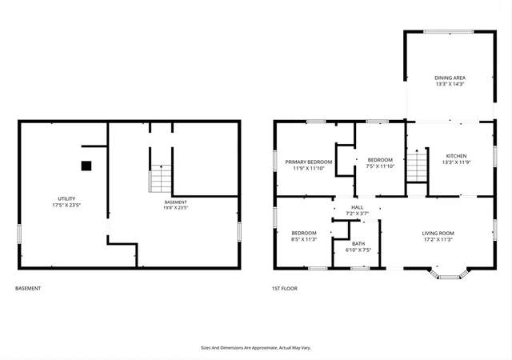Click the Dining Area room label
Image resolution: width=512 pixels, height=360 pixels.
pos(450,78)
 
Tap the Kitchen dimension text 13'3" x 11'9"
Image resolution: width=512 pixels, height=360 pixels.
pos(456,162)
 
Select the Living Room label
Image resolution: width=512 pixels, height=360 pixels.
pos(438,234)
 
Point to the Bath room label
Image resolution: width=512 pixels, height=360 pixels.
pos(358,244)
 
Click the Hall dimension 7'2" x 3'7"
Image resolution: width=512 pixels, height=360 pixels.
pos(358,214)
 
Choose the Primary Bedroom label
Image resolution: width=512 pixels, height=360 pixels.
pos(309,162)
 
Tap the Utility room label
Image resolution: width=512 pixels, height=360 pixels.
pos(66,198)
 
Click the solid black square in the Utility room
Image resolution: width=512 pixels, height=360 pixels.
pos(86,166)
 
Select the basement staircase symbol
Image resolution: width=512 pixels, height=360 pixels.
pos(160,178)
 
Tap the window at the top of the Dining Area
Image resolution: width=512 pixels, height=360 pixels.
pos(449,32)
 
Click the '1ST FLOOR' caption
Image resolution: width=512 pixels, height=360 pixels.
pos(285,289)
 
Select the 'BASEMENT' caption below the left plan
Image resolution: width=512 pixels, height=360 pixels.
pos(28,289)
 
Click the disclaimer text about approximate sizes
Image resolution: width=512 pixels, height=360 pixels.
pos(256,348)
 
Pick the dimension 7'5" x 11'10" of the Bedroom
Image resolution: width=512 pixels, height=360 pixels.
pos(380,166)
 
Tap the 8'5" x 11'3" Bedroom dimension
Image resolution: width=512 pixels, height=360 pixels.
pos(304,239)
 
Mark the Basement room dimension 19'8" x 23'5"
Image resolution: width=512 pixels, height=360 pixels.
pos(176,207)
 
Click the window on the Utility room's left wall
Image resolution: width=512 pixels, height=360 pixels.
pos(19,234)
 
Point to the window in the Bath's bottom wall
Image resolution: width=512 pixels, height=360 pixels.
pos(360,269)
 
